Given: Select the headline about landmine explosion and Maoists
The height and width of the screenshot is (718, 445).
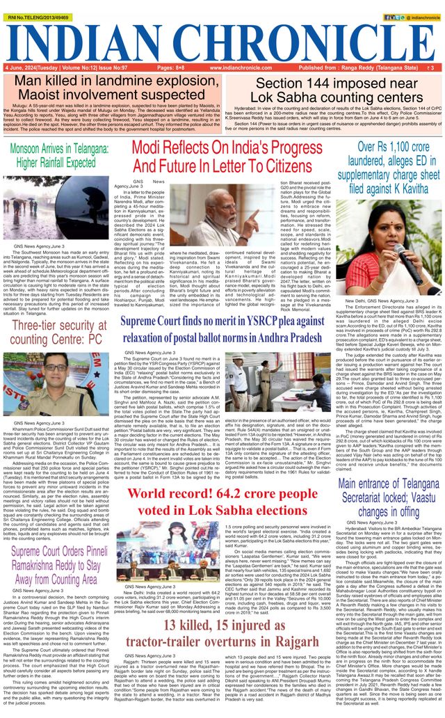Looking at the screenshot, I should click(112, 88).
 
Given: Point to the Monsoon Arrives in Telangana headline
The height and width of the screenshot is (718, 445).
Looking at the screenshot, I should click(52, 157).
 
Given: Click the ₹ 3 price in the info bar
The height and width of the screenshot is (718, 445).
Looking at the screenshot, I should click(432, 68).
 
